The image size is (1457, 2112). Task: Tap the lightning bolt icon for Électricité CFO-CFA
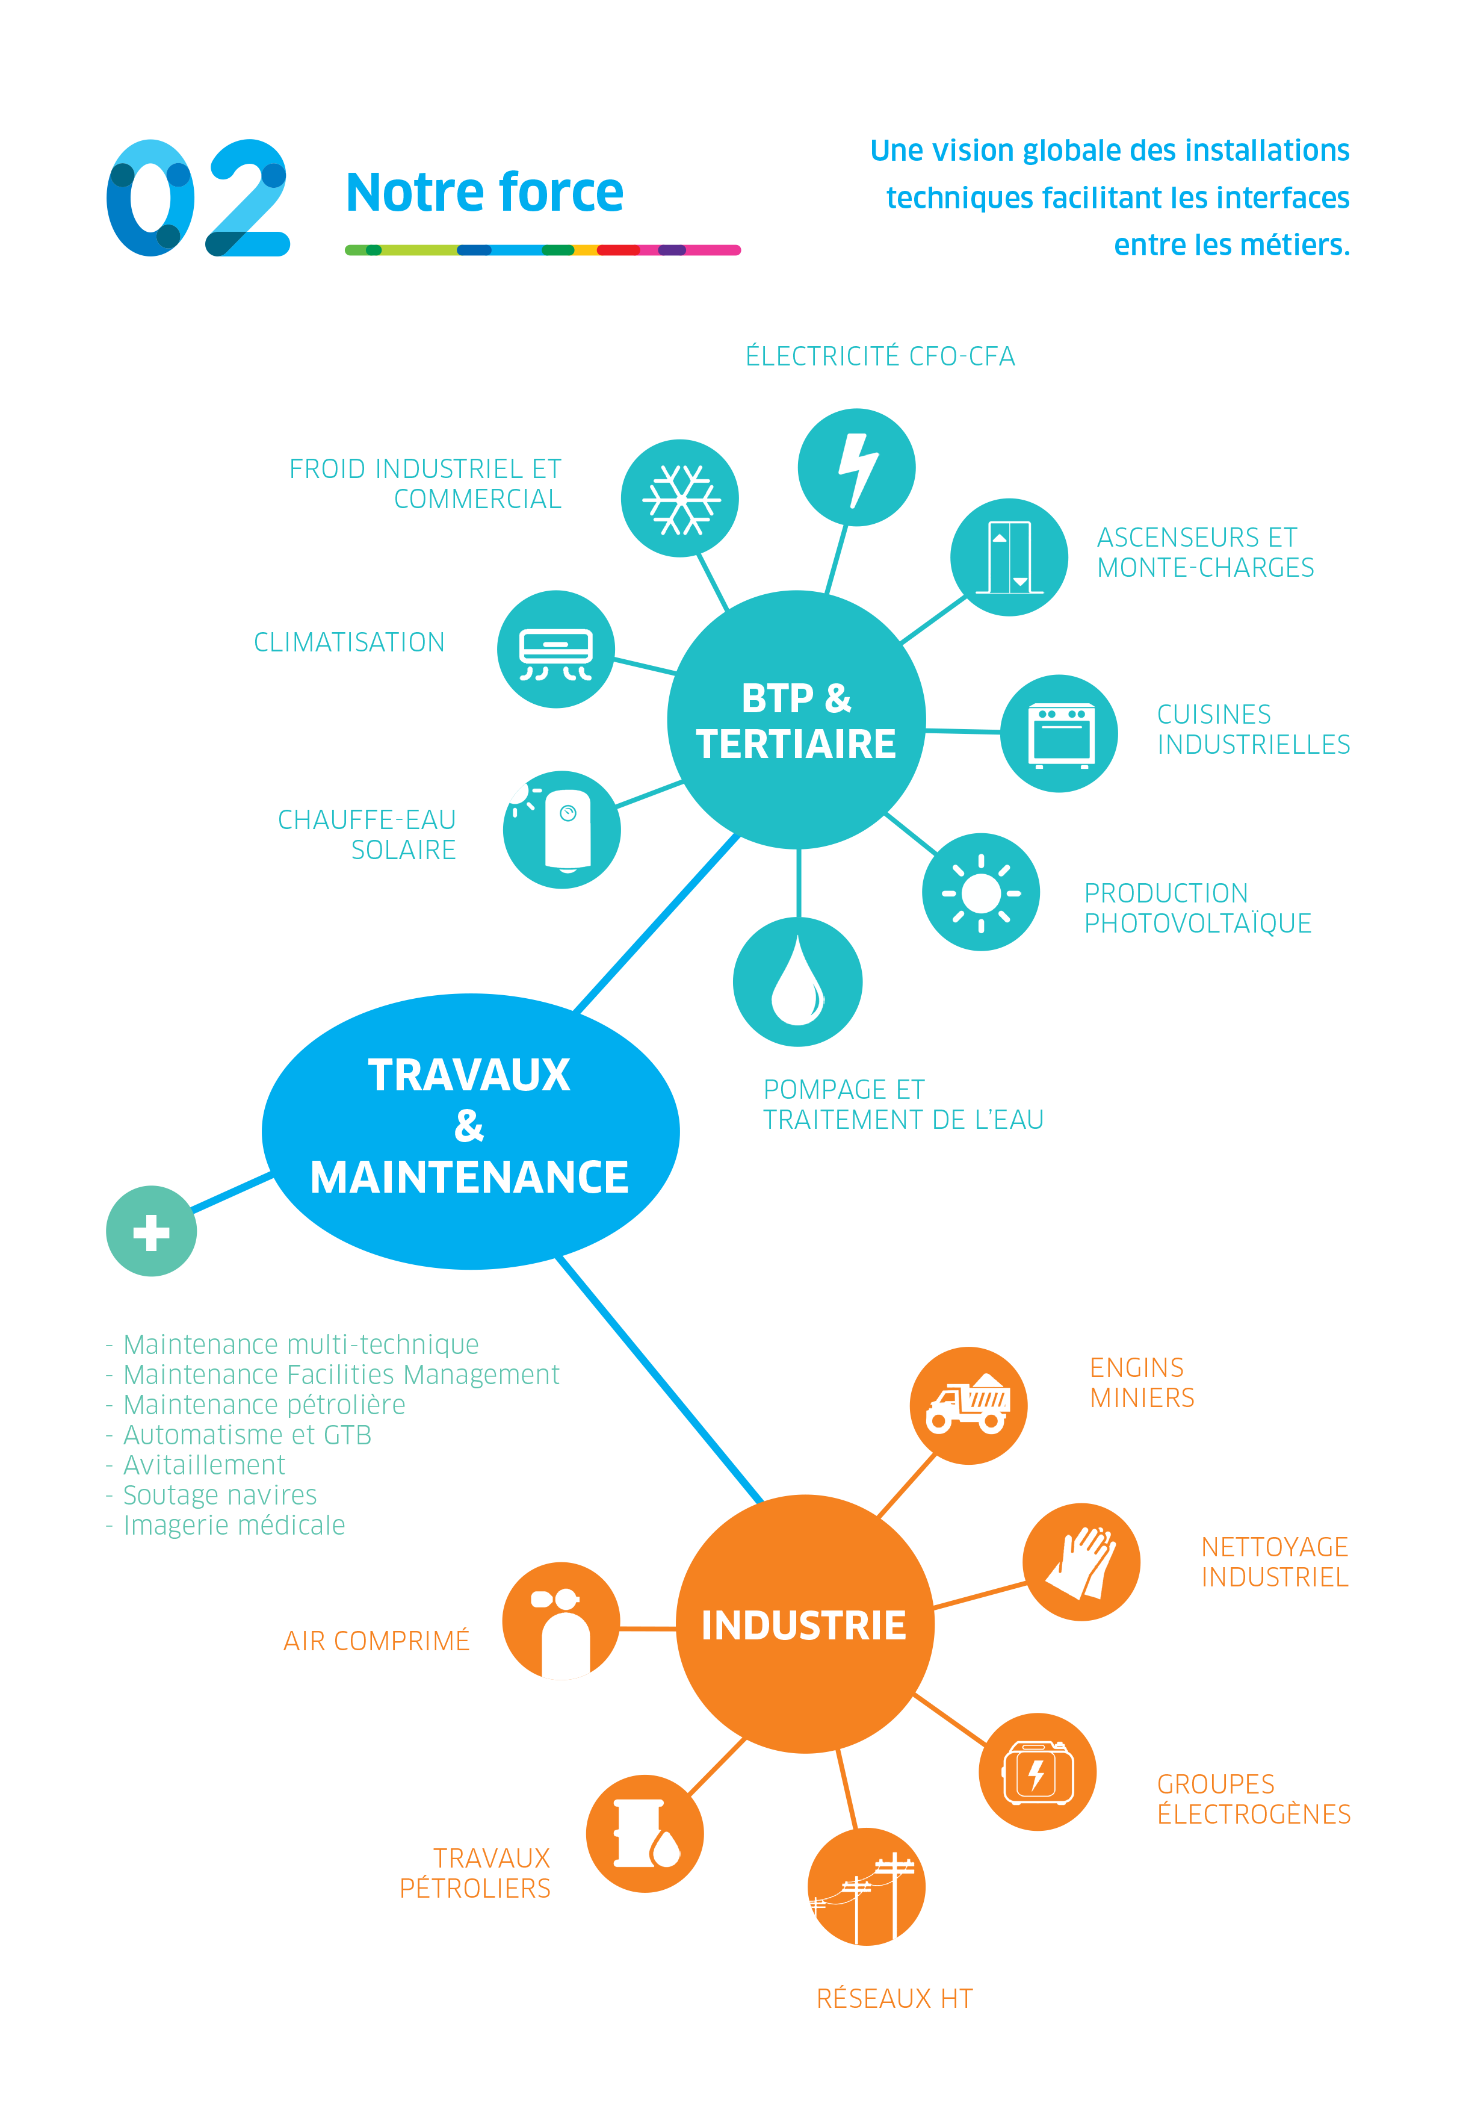point(856,468)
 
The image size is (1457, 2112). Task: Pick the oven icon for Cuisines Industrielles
point(1059,734)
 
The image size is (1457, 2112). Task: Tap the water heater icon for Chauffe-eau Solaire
point(562,829)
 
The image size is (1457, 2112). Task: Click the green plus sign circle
point(152,1232)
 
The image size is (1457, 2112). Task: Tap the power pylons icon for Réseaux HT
point(867,1886)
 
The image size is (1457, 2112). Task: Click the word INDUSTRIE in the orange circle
point(803,1626)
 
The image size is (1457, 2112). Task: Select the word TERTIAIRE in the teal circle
point(796,744)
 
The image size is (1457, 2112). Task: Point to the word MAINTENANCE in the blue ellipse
point(469,1177)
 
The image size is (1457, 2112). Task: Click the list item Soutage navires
point(220,1495)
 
